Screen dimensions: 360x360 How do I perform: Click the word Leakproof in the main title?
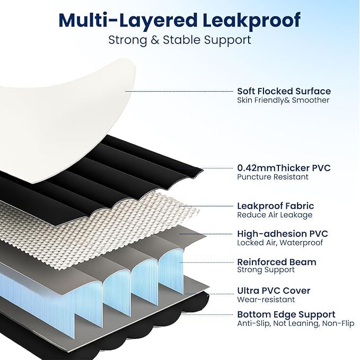[251, 21]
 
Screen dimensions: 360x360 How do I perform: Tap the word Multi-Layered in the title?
[128, 21]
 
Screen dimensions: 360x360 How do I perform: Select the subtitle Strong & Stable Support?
[180, 40]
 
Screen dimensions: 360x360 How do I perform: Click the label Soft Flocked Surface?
[284, 91]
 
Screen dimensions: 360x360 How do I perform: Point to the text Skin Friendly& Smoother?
[283, 100]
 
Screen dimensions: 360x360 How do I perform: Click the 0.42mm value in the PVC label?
[256, 168]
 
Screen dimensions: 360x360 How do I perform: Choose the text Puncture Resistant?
[273, 177]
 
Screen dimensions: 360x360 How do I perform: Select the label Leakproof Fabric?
[276, 206]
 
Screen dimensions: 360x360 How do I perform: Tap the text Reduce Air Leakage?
[275, 215]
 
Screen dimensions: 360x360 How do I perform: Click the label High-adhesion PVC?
[283, 234]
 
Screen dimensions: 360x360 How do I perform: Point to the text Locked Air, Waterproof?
[280, 243]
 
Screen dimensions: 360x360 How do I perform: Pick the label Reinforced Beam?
[277, 262]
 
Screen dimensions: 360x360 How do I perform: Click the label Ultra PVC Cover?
[274, 291]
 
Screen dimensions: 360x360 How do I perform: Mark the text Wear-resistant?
[266, 300]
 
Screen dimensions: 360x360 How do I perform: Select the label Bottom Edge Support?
[286, 314]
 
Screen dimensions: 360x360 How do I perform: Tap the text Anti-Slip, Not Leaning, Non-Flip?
[296, 323]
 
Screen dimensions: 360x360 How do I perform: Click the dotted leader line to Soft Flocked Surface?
[179, 91]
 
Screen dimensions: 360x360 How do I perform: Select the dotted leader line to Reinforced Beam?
[206, 262]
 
